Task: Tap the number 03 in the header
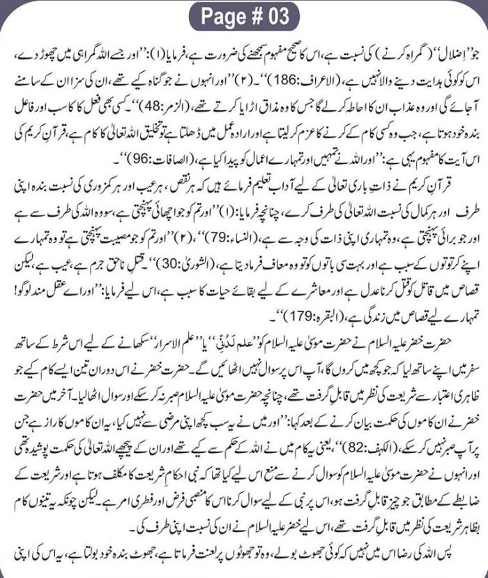pyautogui.click(x=275, y=15)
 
